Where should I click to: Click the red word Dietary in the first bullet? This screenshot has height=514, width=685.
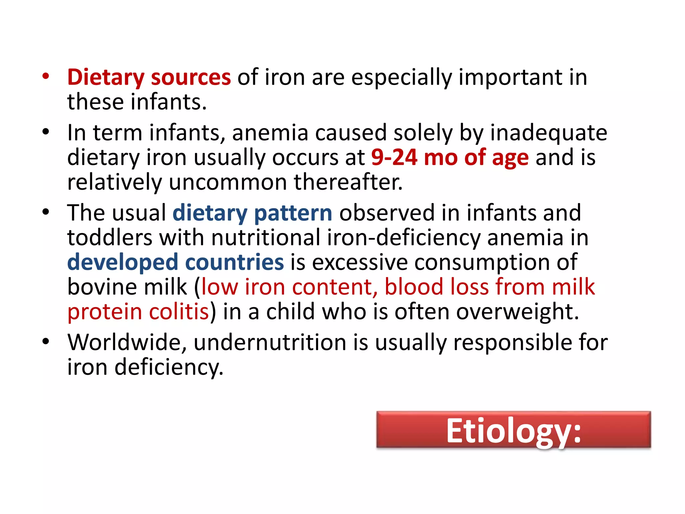[x=106, y=78]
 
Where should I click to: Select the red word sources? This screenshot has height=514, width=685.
[x=191, y=78]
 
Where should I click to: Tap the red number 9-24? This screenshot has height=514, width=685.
[x=394, y=157]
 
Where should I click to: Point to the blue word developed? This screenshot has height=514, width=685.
[x=122, y=262]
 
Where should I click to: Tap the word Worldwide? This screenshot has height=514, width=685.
[x=127, y=342]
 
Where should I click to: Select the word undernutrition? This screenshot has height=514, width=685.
[x=270, y=342]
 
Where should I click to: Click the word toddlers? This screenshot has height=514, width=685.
[x=110, y=238]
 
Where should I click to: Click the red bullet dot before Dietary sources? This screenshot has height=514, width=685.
[x=46, y=76]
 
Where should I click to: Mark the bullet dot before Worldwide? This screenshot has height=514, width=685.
[x=46, y=342]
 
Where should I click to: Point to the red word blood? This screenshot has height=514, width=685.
[x=414, y=287]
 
